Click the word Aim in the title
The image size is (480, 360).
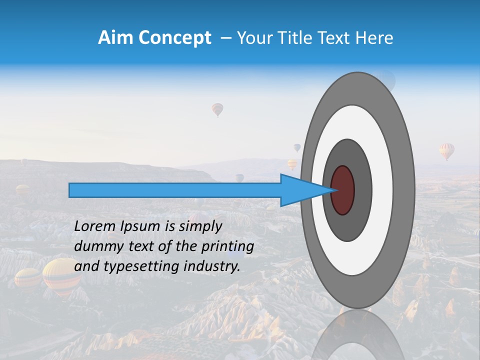[115, 37]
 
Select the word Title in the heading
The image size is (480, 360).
[297, 37]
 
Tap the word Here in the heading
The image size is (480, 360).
[374, 37]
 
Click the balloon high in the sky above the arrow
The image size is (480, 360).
[217, 109]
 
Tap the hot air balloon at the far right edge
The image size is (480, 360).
[446, 151]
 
